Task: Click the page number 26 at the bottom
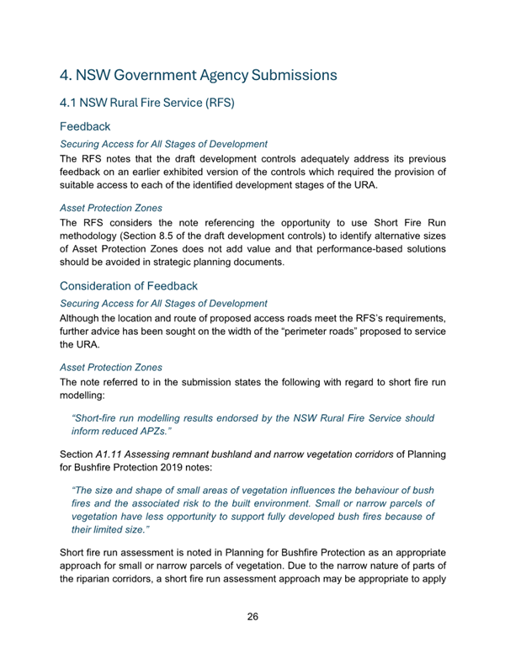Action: pyautogui.click(x=252, y=617)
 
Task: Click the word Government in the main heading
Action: pyautogui.click(x=173, y=75)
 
